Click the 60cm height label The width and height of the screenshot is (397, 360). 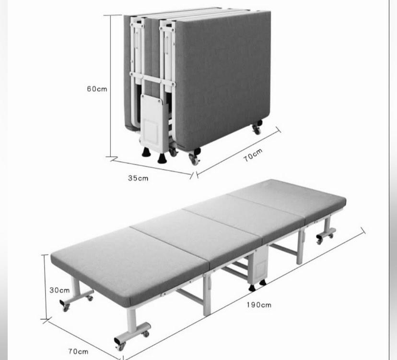coord(97,89)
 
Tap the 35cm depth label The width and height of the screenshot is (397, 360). coord(138,178)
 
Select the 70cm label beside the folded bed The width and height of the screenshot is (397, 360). coord(253,155)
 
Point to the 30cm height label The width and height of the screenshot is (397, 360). coord(59,290)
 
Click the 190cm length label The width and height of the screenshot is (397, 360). coord(259,304)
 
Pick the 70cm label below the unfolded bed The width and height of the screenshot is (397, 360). coord(78,351)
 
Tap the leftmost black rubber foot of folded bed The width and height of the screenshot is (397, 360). coord(145,153)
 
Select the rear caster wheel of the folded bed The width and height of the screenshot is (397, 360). coord(257,129)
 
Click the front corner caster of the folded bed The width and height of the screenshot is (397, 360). coord(194,159)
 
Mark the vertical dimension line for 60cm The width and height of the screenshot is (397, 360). coord(111,86)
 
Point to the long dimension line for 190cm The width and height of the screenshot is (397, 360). coord(245,295)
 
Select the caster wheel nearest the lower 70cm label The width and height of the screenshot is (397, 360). coord(120,345)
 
